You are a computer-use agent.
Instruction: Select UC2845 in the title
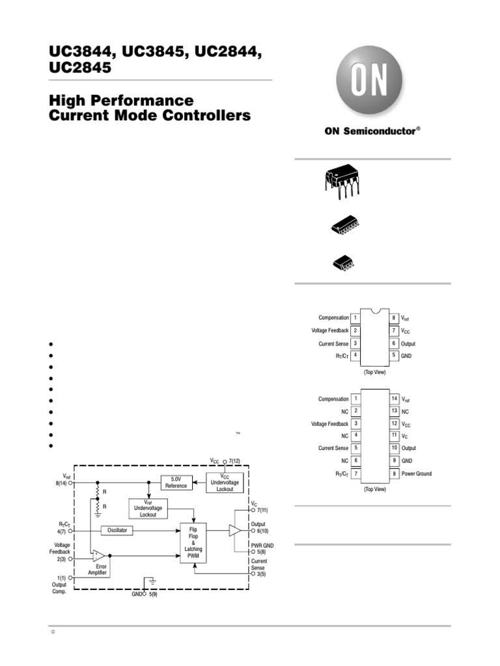coord(79,67)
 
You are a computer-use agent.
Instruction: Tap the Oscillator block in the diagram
coord(118,531)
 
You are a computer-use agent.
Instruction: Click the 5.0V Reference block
coord(176,483)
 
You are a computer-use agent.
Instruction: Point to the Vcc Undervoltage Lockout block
coord(225,483)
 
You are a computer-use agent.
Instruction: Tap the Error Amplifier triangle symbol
coord(98,555)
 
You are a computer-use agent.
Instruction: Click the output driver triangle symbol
coord(234,531)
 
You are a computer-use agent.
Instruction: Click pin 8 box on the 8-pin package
coord(394,318)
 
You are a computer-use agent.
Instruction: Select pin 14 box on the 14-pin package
coord(394,399)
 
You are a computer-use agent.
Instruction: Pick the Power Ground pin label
coord(416,474)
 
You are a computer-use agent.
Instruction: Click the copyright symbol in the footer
coord(52,633)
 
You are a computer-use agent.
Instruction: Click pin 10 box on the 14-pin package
coord(394,449)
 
